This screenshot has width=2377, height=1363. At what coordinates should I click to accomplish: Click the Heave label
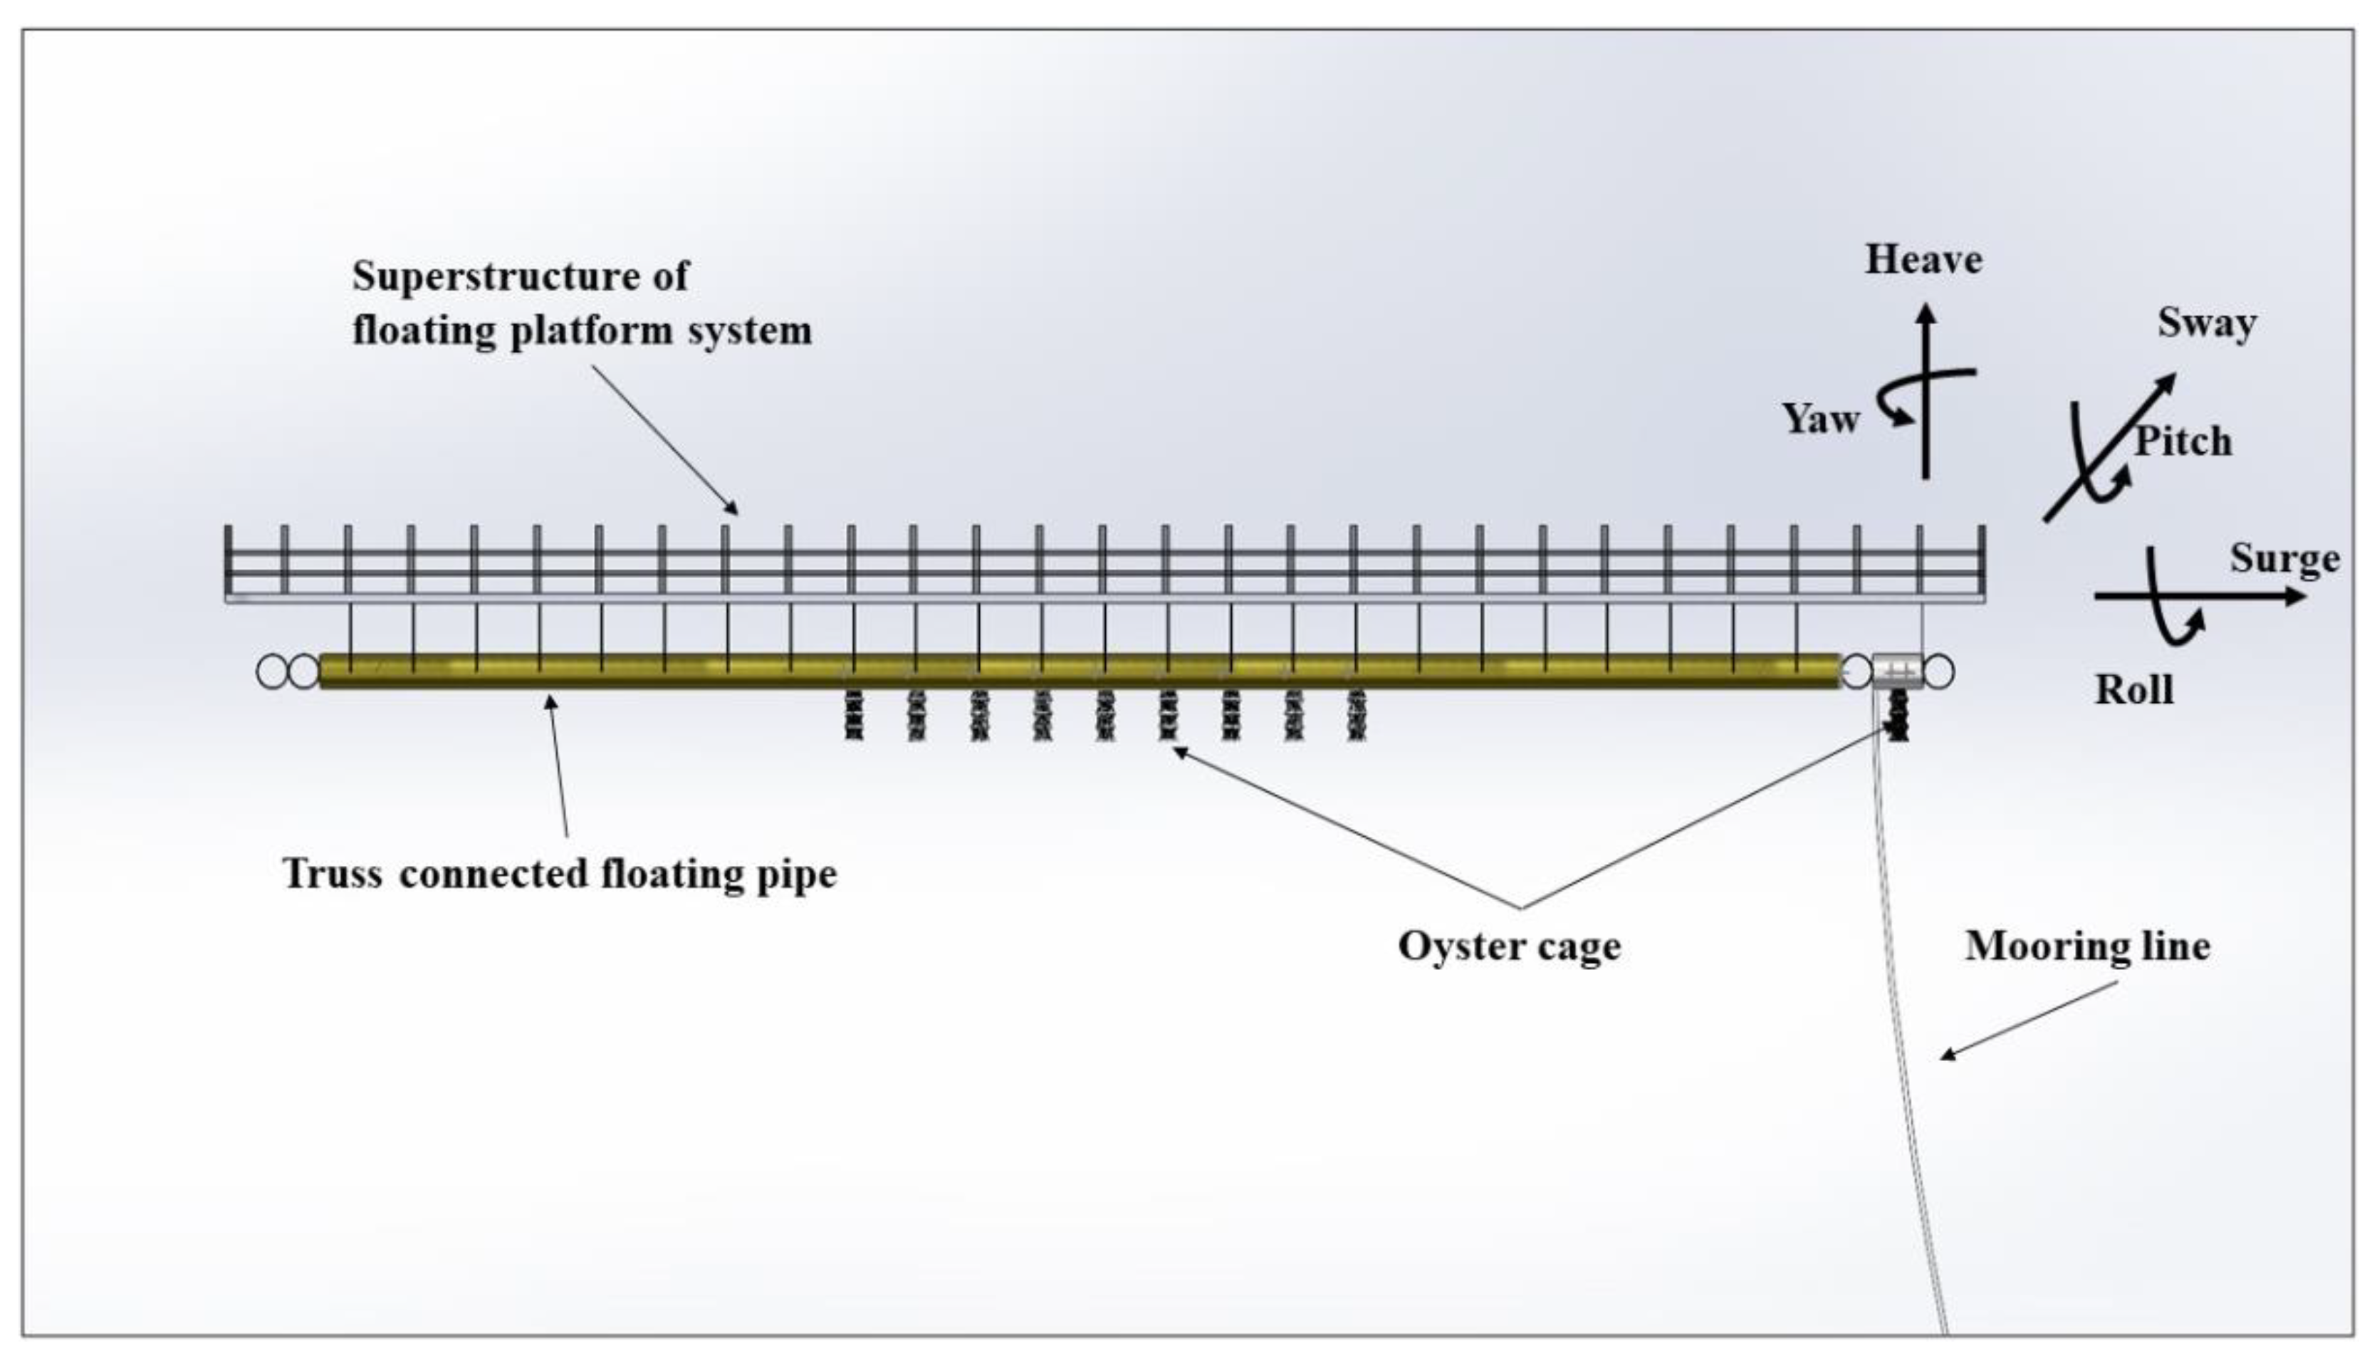point(1923,260)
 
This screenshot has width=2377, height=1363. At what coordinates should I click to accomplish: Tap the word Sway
point(2207,324)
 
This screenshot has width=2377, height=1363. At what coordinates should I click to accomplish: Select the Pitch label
point(2183,441)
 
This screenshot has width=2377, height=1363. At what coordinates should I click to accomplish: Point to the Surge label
point(2284,559)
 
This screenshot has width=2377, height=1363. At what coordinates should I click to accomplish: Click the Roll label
point(2133,690)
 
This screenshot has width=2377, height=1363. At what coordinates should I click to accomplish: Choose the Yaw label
point(1820,419)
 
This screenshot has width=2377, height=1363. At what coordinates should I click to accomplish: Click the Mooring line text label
point(2087,946)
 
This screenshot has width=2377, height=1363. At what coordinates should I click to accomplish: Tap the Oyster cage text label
point(1508,946)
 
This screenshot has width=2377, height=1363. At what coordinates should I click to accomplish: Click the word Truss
point(333,874)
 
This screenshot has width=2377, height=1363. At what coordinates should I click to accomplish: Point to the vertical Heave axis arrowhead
point(1925,313)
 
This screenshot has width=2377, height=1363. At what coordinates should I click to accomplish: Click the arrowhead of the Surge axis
point(2297,595)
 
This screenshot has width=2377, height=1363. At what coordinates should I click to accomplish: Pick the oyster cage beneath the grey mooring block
point(1898,716)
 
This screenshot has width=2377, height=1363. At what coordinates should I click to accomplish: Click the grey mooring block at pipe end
point(1898,672)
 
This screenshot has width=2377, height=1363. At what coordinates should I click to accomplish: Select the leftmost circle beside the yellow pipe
point(272,672)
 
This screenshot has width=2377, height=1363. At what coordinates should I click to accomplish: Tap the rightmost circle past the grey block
point(1939,672)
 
